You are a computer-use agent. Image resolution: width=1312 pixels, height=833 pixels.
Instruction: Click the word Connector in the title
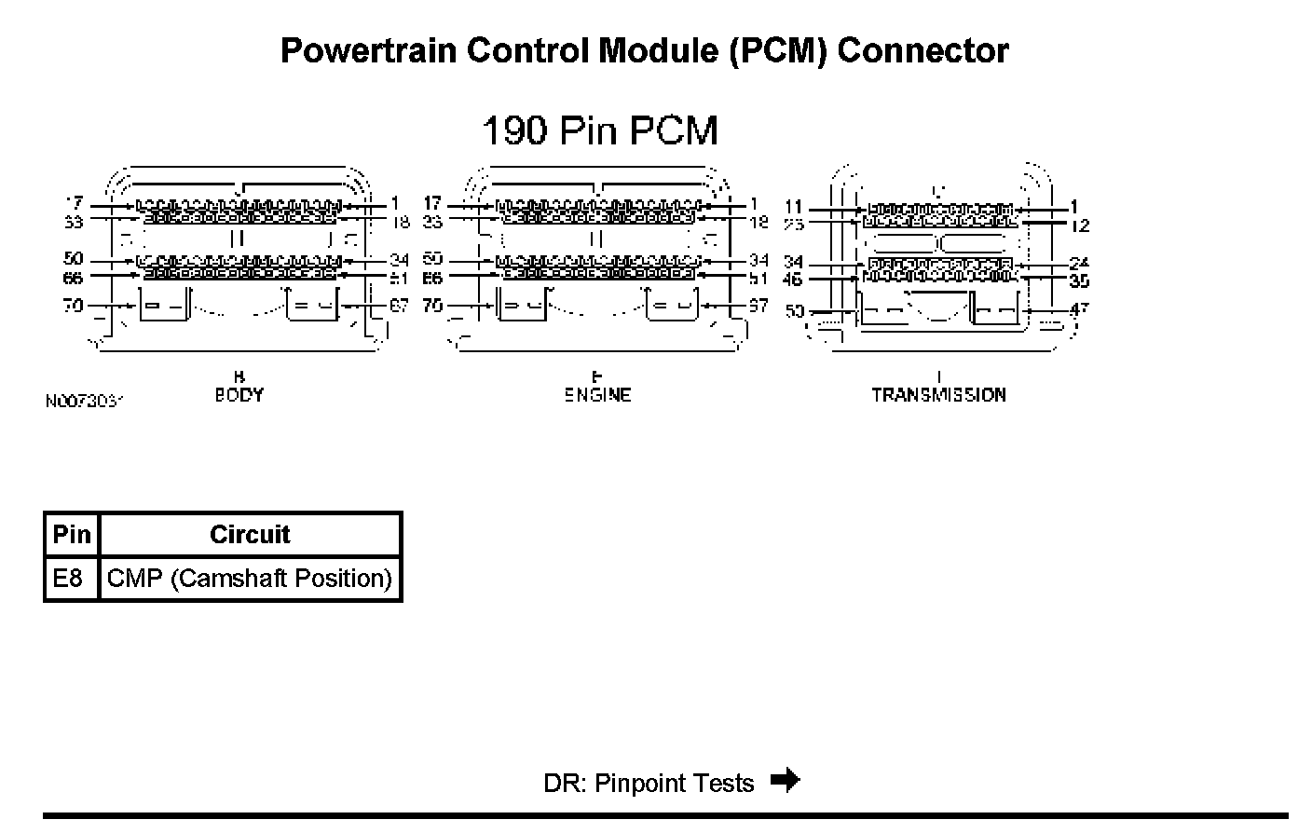coord(922,50)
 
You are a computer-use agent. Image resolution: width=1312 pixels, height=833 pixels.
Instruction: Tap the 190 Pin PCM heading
coord(600,130)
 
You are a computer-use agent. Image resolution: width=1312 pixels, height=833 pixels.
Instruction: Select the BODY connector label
coord(239,395)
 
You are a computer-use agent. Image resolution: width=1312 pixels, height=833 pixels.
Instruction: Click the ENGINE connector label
coord(597,395)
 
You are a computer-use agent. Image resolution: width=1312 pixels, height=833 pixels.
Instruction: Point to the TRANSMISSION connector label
coord(938,395)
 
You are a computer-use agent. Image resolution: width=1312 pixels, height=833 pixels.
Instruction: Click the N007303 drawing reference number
coord(84,401)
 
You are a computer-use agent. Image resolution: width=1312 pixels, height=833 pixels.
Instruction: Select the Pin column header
coord(72,535)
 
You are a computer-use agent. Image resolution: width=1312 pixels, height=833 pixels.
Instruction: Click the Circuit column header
coord(250,535)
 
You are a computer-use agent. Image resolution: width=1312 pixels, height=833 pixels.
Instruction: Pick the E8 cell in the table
coord(68,579)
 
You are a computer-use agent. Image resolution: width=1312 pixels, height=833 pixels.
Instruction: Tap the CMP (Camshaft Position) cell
coord(250,579)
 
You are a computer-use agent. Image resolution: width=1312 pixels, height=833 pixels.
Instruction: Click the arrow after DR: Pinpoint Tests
coord(786,780)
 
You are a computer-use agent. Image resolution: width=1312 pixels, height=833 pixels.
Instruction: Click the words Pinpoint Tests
coord(674,784)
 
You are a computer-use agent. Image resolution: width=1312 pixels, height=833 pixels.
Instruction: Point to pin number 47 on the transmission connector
coord(1078,308)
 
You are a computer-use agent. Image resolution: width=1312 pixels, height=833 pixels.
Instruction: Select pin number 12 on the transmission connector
coord(1080,225)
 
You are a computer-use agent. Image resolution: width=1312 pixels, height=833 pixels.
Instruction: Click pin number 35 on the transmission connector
coord(1079,280)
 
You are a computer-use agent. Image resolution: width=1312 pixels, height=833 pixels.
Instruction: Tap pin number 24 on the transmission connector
coord(1079,263)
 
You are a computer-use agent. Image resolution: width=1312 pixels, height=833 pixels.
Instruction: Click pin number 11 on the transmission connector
coord(794,207)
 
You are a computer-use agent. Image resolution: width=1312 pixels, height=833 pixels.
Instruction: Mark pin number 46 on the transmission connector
coord(793,279)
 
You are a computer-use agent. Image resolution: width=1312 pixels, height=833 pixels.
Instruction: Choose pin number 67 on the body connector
coord(398,305)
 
